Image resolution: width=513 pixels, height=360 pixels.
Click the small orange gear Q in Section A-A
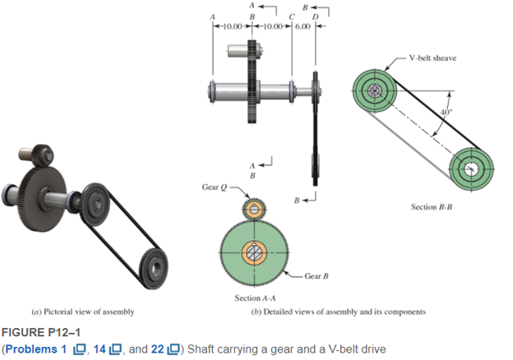pos(255,210)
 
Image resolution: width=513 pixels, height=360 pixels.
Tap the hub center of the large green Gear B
pos(255,252)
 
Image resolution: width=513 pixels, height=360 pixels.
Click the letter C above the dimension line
pos(293,16)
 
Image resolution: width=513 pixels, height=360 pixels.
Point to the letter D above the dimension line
pos(315,16)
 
